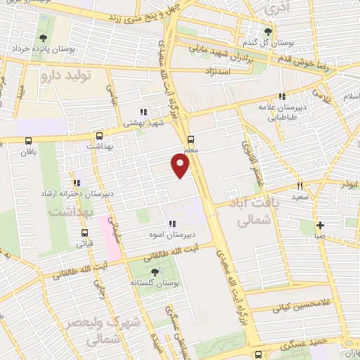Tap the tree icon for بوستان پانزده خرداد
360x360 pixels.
pyautogui.click(x=44, y=38)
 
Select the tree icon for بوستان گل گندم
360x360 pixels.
pyautogui.click(x=267, y=32)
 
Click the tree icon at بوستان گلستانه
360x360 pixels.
pyautogui.click(x=155, y=271)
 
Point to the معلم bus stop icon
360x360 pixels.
pyautogui.click(x=191, y=139)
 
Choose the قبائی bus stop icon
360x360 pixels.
pyautogui.click(x=84, y=233)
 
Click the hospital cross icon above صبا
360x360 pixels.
pyautogui.click(x=320, y=226)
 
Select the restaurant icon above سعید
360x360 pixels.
pyautogui.click(x=300, y=186)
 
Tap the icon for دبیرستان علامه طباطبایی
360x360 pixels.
pyautogui.click(x=281, y=97)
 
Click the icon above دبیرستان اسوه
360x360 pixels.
pyautogui.click(x=172, y=224)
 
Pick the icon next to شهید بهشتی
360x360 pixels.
pyautogui.click(x=143, y=112)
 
